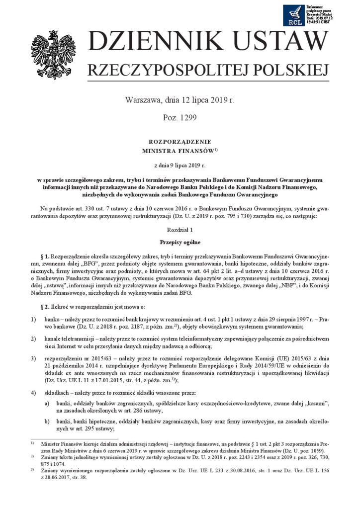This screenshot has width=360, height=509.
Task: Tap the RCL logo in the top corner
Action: (x=294, y=15)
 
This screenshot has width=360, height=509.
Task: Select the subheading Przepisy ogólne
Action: (x=180, y=243)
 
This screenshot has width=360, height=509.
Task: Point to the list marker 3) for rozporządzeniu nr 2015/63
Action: (x=33, y=357)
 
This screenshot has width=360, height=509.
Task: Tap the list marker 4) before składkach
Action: (x=33, y=392)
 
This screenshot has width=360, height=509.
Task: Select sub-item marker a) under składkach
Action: (x=46, y=404)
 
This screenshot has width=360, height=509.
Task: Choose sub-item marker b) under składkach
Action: (x=46, y=421)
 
